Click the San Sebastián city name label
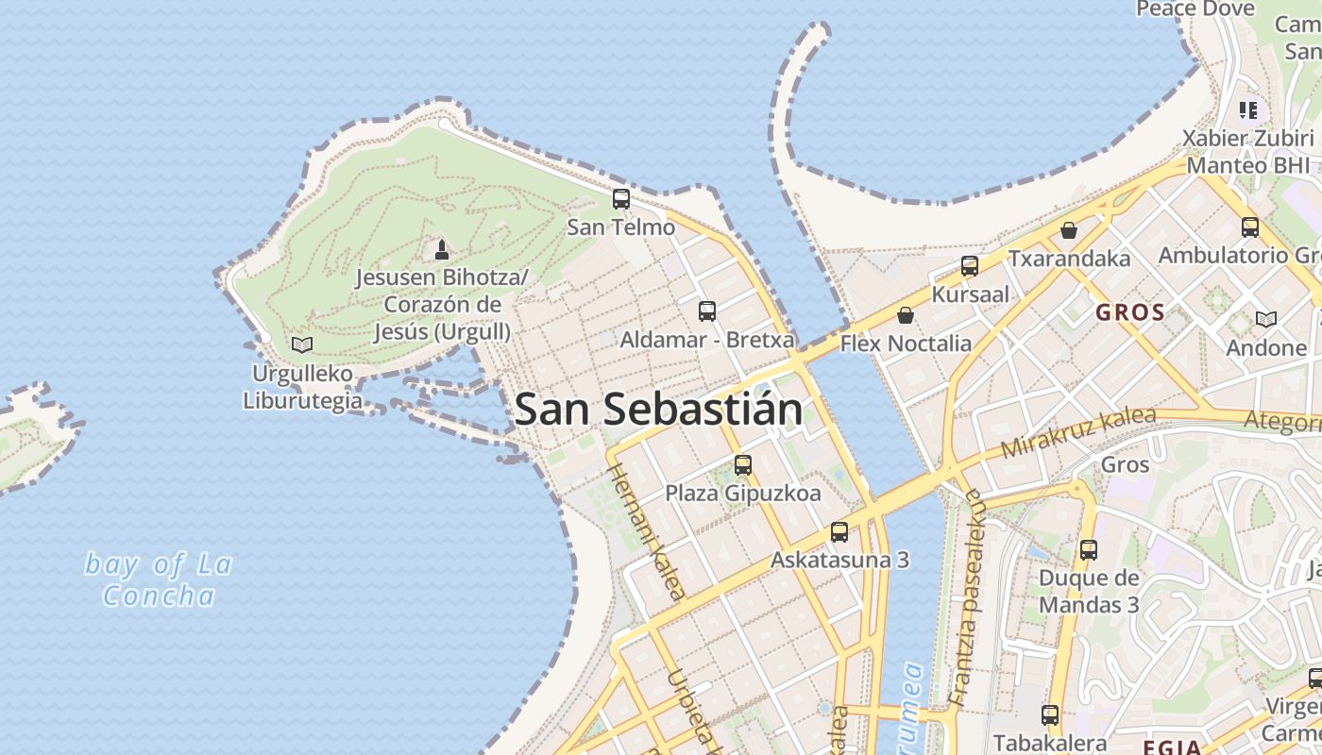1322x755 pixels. (659, 410)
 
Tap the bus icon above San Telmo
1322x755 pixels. (620, 199)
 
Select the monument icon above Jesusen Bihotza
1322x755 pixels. (441, 250)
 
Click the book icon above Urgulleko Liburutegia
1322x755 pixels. (302, 345)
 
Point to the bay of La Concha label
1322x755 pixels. (159, 579)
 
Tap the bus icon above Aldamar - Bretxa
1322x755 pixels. (706, 311)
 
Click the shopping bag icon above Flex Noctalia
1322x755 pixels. (906, 315)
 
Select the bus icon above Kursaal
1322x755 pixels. (970, 266)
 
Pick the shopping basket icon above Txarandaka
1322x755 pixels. (1069, 230)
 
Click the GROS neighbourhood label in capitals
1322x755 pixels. (1130, 312)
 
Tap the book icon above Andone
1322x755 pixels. (1266, 320)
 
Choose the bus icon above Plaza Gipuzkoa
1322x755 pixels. (743, 464)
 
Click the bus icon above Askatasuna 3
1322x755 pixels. (839, 531)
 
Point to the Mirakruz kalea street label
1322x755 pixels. (1078, 433)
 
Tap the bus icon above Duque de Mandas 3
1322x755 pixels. (1089, 549)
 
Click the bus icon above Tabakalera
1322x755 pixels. (1050, 715)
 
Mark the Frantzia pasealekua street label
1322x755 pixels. (967, 598)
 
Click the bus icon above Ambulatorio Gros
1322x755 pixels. (1250, 226)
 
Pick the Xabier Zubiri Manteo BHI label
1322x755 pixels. (1247, 151)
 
